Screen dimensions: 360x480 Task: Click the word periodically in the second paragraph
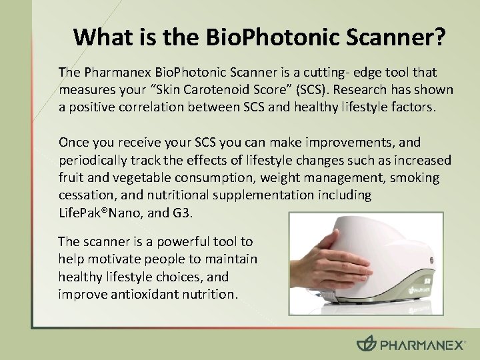coord(91,160)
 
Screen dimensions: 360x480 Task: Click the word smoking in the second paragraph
coord(415,177)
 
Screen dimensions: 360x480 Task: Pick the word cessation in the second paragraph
coord(84,195)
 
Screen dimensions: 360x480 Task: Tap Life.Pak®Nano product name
coord(105,213)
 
